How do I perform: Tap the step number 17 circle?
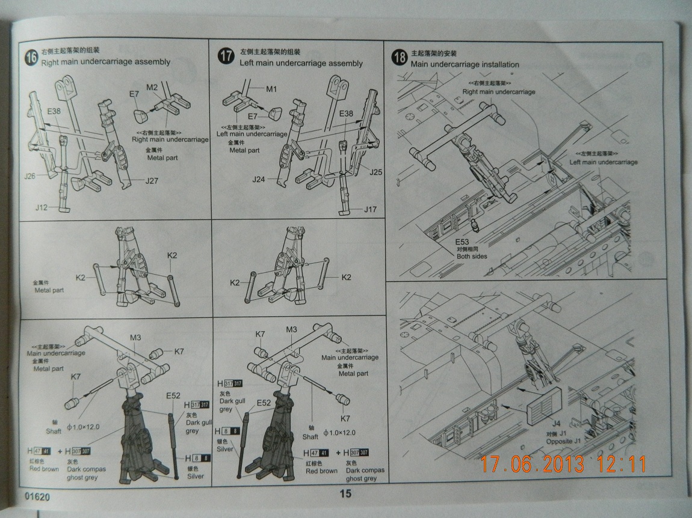point(225,57)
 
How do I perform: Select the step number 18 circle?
point(399,57)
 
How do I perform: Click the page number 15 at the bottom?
point(345,495)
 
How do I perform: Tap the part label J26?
point(31,176)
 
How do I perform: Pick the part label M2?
point(152,88)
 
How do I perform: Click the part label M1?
point(271,90)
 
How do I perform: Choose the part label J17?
point(371,209)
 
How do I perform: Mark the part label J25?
point(375,172)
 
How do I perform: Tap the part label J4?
point(556,424)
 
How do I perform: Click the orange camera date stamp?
point(563,464)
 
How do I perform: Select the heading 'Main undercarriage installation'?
point(465,64)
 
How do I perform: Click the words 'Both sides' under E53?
point(471,256)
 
